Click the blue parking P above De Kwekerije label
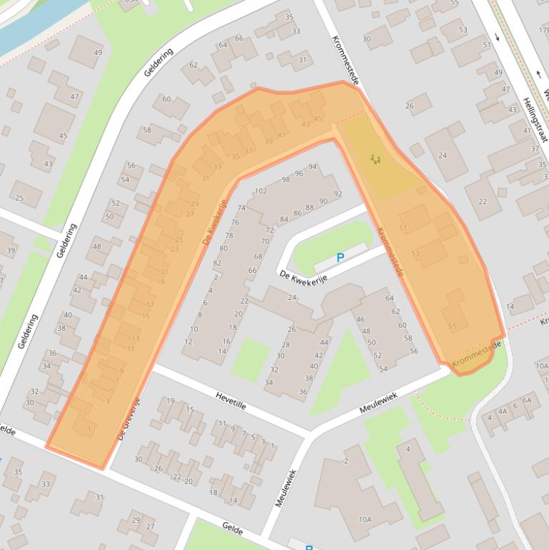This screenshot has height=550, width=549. (x=340, y=257)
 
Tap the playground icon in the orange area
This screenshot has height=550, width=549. (x=375, y=159)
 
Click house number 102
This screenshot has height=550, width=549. (x=261, y=191)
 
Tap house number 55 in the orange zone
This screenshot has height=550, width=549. (x=452, y=326)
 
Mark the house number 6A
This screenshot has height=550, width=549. (x=526, y=401)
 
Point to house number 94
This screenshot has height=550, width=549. (x=312, y=166)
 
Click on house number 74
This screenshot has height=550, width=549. (x=241, y=208)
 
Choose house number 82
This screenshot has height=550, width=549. (x=217, y=263)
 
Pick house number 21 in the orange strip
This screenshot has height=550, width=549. (x=164, y=271)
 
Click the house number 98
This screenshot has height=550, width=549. (x=286, y=179)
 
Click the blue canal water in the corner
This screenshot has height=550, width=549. (x=29, y=25)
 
